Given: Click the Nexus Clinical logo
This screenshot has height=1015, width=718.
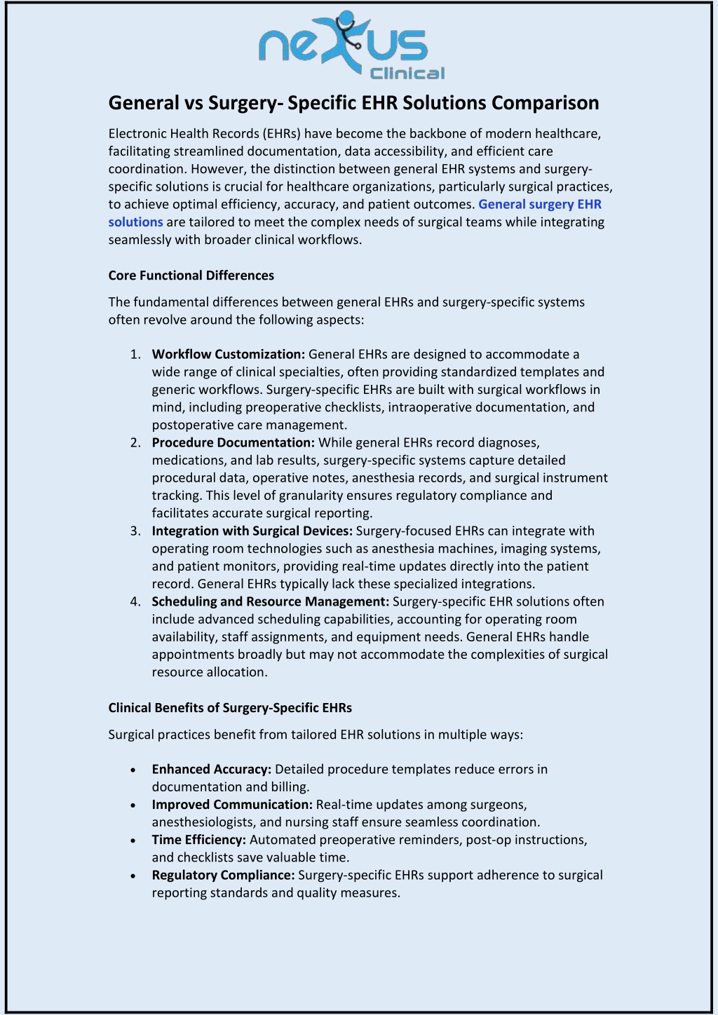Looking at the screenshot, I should click(351, 46).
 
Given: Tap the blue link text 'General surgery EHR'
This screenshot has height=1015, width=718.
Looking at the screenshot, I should click(539, 204).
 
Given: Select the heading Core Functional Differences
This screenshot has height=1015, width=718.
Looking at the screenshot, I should click(191, 275).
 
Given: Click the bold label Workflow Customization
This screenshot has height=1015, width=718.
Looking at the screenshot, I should click(228, 355).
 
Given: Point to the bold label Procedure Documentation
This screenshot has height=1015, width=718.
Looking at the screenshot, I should click(233, 443).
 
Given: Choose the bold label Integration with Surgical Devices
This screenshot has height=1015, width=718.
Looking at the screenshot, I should click(252, 531).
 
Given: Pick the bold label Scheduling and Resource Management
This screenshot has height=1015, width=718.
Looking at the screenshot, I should click(270, 601).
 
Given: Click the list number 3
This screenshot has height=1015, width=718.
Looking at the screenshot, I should click(135, 531).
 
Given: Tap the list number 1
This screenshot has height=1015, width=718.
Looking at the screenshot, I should click(135, 355).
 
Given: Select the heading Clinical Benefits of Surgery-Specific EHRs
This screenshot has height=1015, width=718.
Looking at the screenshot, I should click(230, 708).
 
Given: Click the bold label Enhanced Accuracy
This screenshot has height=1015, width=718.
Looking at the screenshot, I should click(211, 770).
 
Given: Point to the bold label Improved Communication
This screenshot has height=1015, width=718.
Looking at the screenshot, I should click(231, 805).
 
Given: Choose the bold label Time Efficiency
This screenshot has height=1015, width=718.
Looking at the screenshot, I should click(198, 840).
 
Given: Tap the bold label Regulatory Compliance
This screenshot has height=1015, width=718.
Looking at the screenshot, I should click(223, 875).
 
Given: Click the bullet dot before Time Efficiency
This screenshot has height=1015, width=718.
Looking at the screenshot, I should click(133, 840).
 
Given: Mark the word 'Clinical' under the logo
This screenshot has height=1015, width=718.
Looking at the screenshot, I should click(407, 73).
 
